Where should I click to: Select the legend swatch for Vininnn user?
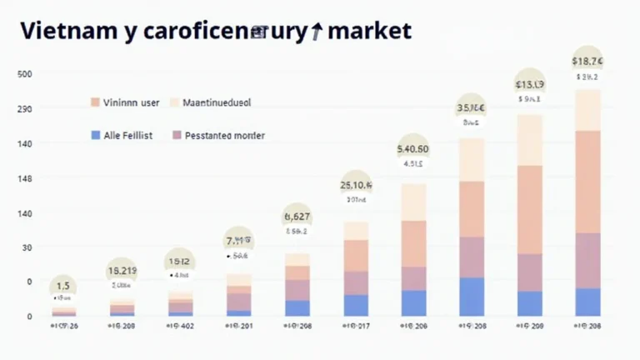click(95, 102)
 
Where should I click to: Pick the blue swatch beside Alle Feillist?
click(95, 134)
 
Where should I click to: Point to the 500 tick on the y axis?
click(24, 74)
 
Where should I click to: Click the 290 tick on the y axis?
click(24, 109)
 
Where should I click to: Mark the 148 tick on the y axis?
click(24, 179)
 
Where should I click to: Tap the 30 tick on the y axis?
click(27, 247)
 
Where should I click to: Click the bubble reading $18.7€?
click(587, 61)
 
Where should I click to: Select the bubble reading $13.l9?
click(530, 84)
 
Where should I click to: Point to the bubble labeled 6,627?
click(297, 217)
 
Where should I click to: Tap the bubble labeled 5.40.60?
click(413, 149)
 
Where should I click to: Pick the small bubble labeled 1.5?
click(63, 286)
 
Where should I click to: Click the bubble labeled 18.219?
click(122, 271)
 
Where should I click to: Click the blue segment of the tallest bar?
click(587, 302)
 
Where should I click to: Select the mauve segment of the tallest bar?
click(587, 260)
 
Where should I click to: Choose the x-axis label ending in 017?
click(356, 325)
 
